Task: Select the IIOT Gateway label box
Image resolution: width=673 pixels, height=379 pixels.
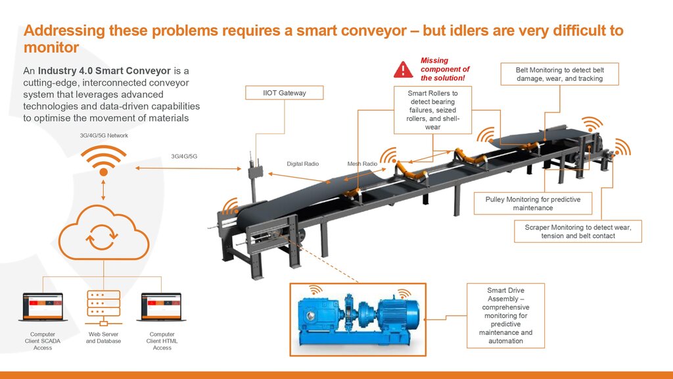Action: [284, 93]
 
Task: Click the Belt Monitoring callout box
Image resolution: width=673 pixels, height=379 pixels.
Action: [561, 74]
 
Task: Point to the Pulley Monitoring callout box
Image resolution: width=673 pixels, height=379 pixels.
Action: [532, 203]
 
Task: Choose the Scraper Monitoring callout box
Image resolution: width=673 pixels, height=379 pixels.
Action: [578, 231]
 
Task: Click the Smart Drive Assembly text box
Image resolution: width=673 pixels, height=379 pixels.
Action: [505, 315]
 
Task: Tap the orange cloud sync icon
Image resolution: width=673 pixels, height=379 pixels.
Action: [104, 235]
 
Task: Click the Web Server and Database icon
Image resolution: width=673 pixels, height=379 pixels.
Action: [103, 308]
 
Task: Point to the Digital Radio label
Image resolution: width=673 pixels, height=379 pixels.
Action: [302, 164]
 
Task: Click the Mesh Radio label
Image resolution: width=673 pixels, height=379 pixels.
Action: [362, 164]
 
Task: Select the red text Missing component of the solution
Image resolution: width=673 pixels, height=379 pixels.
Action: [445, 69]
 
